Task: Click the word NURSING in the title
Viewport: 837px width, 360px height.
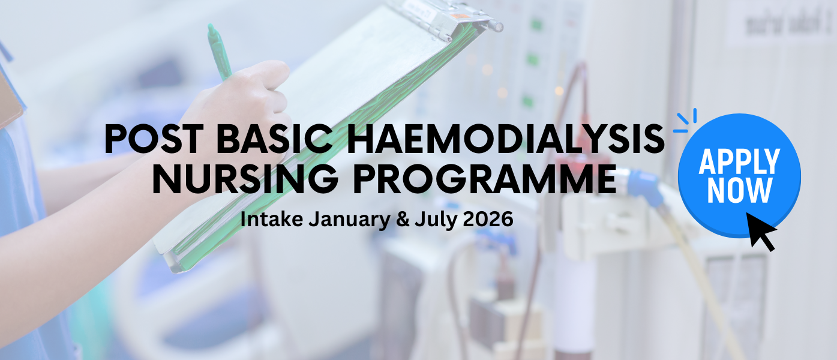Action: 245,179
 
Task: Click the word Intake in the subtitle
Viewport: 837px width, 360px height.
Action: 272,219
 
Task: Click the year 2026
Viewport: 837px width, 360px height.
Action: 488,220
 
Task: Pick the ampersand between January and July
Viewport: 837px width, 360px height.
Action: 403,220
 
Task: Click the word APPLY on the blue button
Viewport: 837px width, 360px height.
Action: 739,161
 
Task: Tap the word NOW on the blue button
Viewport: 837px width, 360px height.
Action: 739,190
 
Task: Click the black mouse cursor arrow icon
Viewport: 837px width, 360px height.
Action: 761,232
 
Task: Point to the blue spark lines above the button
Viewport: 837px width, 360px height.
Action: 686,121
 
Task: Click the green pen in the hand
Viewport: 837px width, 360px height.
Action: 219,52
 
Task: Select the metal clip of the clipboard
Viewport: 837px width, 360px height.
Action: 445,17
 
